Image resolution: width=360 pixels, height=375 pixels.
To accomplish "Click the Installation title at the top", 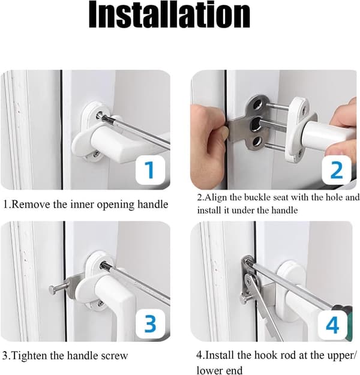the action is click(x=169, y=15).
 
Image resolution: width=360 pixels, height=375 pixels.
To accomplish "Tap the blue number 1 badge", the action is click(x=150, y=170).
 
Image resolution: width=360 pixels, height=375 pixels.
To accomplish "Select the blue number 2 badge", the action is click(x=337, y=170).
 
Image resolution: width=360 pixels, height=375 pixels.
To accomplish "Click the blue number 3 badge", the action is click(x=150, y=324).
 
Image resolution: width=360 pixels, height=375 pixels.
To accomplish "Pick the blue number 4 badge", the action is click(x=332, y=325).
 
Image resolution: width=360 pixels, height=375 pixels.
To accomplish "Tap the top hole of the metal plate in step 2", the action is click(x=257, y=103).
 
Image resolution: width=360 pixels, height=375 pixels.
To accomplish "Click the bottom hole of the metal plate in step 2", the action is click(x=256, y=142).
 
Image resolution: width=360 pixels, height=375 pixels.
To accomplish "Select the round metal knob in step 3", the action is click(x=53, y=290).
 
